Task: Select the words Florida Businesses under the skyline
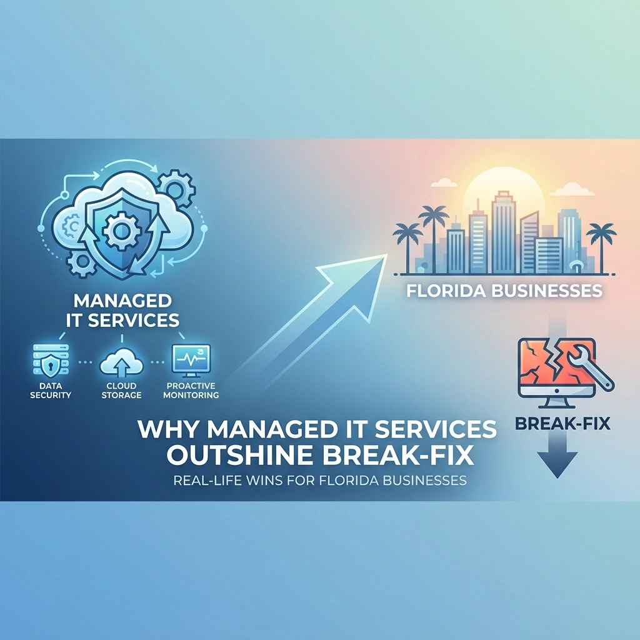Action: [x=504, y=291]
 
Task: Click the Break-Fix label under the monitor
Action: [x=563, y=424]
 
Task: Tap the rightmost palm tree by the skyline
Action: [x=601, y=241]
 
